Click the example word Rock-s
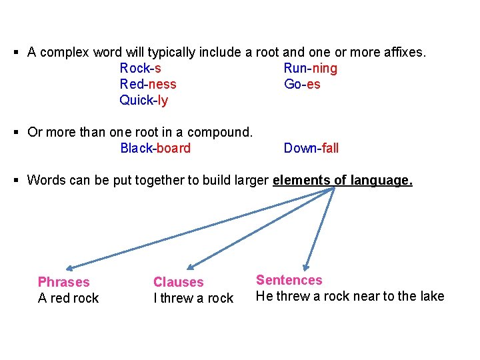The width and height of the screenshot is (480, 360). [140, 68]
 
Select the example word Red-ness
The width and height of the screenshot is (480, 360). [148, 84]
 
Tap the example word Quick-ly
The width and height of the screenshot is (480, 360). [143, 101]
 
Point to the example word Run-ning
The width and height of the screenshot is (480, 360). [310, 68]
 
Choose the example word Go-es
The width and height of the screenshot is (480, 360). [302, 84]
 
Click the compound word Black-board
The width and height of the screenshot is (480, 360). [155, 148]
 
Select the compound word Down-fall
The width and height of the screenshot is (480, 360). [311, 148]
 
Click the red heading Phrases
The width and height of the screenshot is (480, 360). [63, 282]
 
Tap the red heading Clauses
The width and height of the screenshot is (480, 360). [178, 283]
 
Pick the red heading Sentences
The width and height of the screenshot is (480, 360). [289, 281]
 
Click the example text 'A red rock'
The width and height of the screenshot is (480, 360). [68, 298]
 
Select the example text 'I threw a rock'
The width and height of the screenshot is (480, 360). [193, 298]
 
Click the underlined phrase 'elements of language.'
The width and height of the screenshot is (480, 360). [343, 180]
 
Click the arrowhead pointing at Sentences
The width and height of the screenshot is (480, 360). [307, 265]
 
